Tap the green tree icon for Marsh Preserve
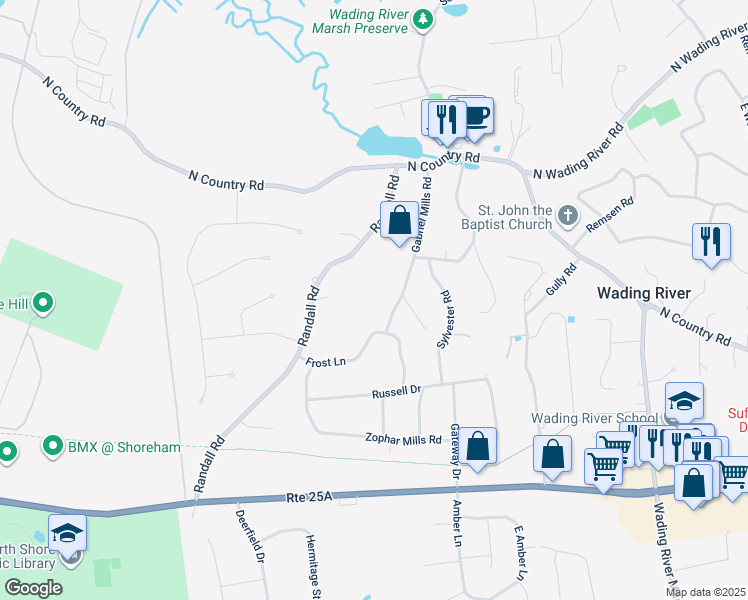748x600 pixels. click(423, 17)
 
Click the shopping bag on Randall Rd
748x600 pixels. click(399, 219)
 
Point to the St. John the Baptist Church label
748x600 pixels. click(515, 217)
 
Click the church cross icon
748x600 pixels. click(567, 214)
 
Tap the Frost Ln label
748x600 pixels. click(325, 362)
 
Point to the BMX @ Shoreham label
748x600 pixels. click(124, 447)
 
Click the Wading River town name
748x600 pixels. click(643, 293)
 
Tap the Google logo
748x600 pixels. click(33, 588)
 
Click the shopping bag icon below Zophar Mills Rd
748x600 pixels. click(478, 445)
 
